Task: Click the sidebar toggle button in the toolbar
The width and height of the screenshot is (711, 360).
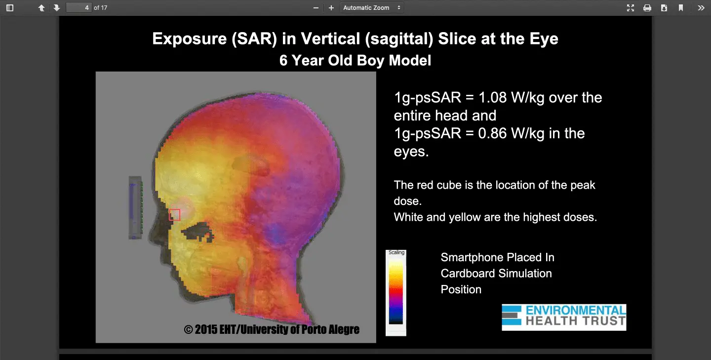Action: point(10,7)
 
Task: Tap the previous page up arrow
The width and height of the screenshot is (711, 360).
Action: point(41,7)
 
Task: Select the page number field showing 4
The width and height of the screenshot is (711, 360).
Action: point(79,7)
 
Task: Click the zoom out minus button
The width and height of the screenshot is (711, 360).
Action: point(316,7)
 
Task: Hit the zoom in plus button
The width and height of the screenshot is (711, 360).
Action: point(331,7)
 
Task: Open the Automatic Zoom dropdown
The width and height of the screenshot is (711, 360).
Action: point(372,7)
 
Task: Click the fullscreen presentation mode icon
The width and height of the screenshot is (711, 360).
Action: point(631,7)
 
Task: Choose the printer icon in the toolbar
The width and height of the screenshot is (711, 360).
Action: point(647,7)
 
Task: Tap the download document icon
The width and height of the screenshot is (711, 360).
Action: point(664,7)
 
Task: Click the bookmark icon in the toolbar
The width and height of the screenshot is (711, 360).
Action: point(681,7)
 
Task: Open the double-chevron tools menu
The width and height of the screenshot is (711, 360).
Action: point(701,7)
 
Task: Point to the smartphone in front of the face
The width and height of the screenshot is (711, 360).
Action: point(135,207)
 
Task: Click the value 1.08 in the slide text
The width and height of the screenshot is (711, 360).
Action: point(493,97)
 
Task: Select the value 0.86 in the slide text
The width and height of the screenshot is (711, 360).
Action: point(493,133)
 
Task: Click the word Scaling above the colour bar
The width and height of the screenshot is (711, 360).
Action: point(396,253)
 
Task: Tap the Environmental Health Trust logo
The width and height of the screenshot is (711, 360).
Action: point(564,318)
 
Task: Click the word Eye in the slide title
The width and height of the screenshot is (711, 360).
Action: point(544,39)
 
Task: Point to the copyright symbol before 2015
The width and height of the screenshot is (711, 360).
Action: point(188,329)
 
